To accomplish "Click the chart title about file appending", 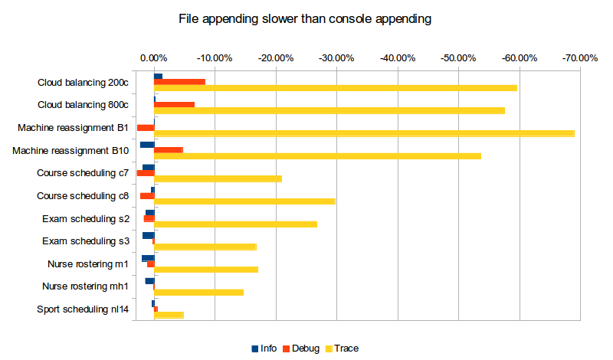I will click(x=304, y=18).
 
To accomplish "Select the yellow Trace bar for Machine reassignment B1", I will click(x=364, y=134).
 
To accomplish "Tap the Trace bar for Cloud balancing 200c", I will click(x=336, y=88).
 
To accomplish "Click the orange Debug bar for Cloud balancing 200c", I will click(x=180, y=82).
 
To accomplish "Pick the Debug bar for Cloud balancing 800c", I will click(x=175, y=104).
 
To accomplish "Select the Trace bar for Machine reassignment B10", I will click(x=317, y=156).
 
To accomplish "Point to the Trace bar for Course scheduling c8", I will click(x=244, y=201).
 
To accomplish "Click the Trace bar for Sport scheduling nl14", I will click(x=169, y=315).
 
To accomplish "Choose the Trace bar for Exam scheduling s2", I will click(x=235, y=224).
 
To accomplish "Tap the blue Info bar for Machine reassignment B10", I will click(x=147, y=144).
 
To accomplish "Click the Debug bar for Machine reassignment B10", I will click(x=169, y=150).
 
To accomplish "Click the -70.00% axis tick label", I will click(x=579, y=57).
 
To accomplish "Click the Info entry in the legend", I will click(x=264, y=349).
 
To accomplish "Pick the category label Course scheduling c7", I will click(x=83, y=173).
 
